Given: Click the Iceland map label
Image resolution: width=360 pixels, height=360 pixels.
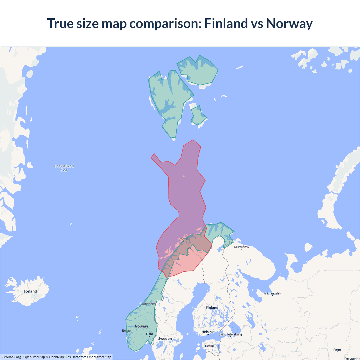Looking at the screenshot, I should [x=30, y=291].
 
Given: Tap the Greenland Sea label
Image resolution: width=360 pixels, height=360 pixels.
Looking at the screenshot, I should [x=64, y=168].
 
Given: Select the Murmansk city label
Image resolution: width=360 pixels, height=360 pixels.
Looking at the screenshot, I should [x=242, y=247].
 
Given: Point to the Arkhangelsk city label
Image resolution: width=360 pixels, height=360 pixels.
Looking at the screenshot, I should [x=272, y=293].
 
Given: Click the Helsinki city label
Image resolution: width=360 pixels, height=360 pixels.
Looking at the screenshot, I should [x=208, y=332].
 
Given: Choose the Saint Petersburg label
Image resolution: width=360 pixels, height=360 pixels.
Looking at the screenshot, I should [x=230, y=334].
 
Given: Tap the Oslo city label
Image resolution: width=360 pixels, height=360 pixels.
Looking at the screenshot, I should [x=149, y=334].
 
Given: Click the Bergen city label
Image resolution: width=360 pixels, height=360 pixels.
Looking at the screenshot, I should [x=127, y=330].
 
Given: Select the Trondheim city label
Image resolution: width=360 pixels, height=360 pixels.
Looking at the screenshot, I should [x=148, y=304].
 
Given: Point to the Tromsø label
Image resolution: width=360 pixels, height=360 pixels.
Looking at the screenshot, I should [x=183, y=239].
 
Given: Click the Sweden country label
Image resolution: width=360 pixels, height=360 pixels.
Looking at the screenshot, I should [x=165, y=339].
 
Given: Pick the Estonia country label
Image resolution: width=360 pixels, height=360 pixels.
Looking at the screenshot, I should [x=210, y=346].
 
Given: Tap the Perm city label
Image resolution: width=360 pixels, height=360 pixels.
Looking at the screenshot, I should [x=337, y=350].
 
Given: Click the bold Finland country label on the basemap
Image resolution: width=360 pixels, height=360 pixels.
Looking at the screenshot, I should [x=212, y=308].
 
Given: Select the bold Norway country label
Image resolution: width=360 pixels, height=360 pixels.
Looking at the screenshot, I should [x=141, y=326].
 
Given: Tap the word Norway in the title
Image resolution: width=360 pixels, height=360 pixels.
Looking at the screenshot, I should [x=289, y=23].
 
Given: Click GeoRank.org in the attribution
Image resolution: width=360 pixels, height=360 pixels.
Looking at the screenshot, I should [x=11, y=357].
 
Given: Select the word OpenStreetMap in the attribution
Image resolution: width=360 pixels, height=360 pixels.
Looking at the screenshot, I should [x=99, y=357].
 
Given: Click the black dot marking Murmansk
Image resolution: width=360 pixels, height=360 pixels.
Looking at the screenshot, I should [x=242, y=249].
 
